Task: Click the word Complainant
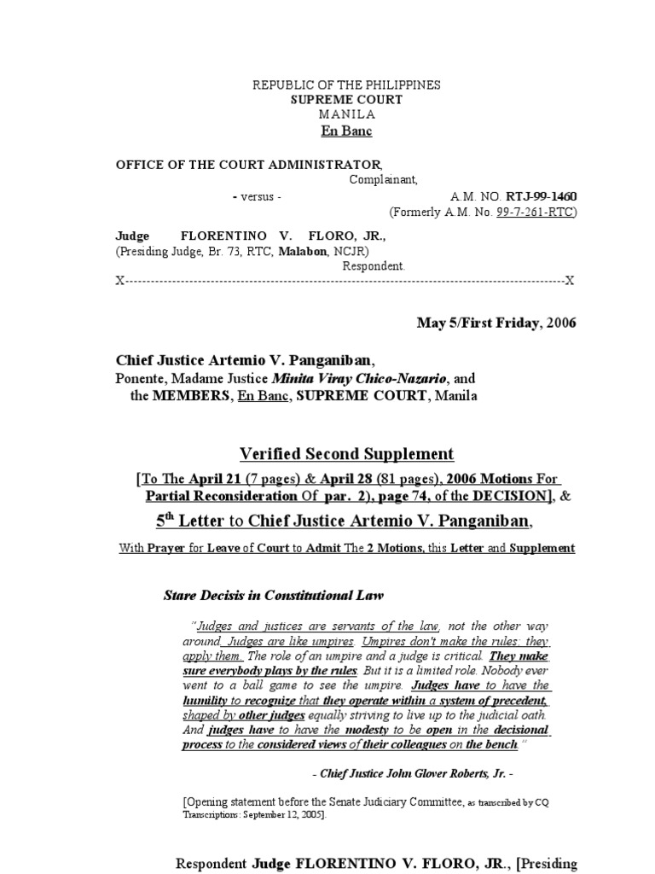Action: pos(383,180)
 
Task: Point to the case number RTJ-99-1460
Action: pos(542,196)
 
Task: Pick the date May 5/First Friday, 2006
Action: pos(496,323)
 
